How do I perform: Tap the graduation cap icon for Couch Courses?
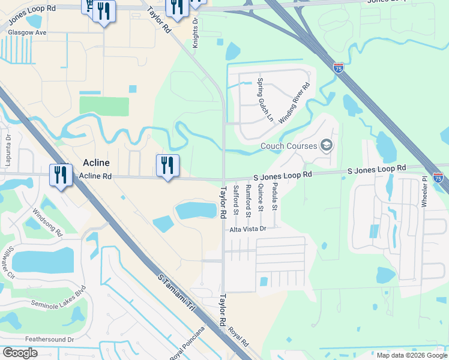(326, 145)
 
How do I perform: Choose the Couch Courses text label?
(288, 146)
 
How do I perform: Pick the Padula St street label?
(274, 199)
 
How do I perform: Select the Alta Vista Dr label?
(247, 229)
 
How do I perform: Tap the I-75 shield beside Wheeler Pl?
(438, 178)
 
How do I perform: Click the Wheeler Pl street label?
(424, 191)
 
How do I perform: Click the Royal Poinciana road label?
(187, 343)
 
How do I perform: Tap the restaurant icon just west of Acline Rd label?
(61, 175)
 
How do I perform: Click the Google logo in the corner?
(20, 352)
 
